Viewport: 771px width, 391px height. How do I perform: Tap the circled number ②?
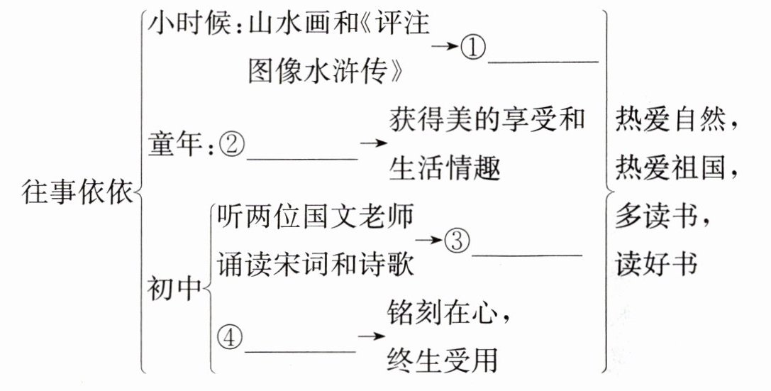[231, 145]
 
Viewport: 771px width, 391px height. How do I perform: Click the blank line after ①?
[544, 61]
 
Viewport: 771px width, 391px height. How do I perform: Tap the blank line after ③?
[526, 253]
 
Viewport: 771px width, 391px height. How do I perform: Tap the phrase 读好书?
[654, 263]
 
